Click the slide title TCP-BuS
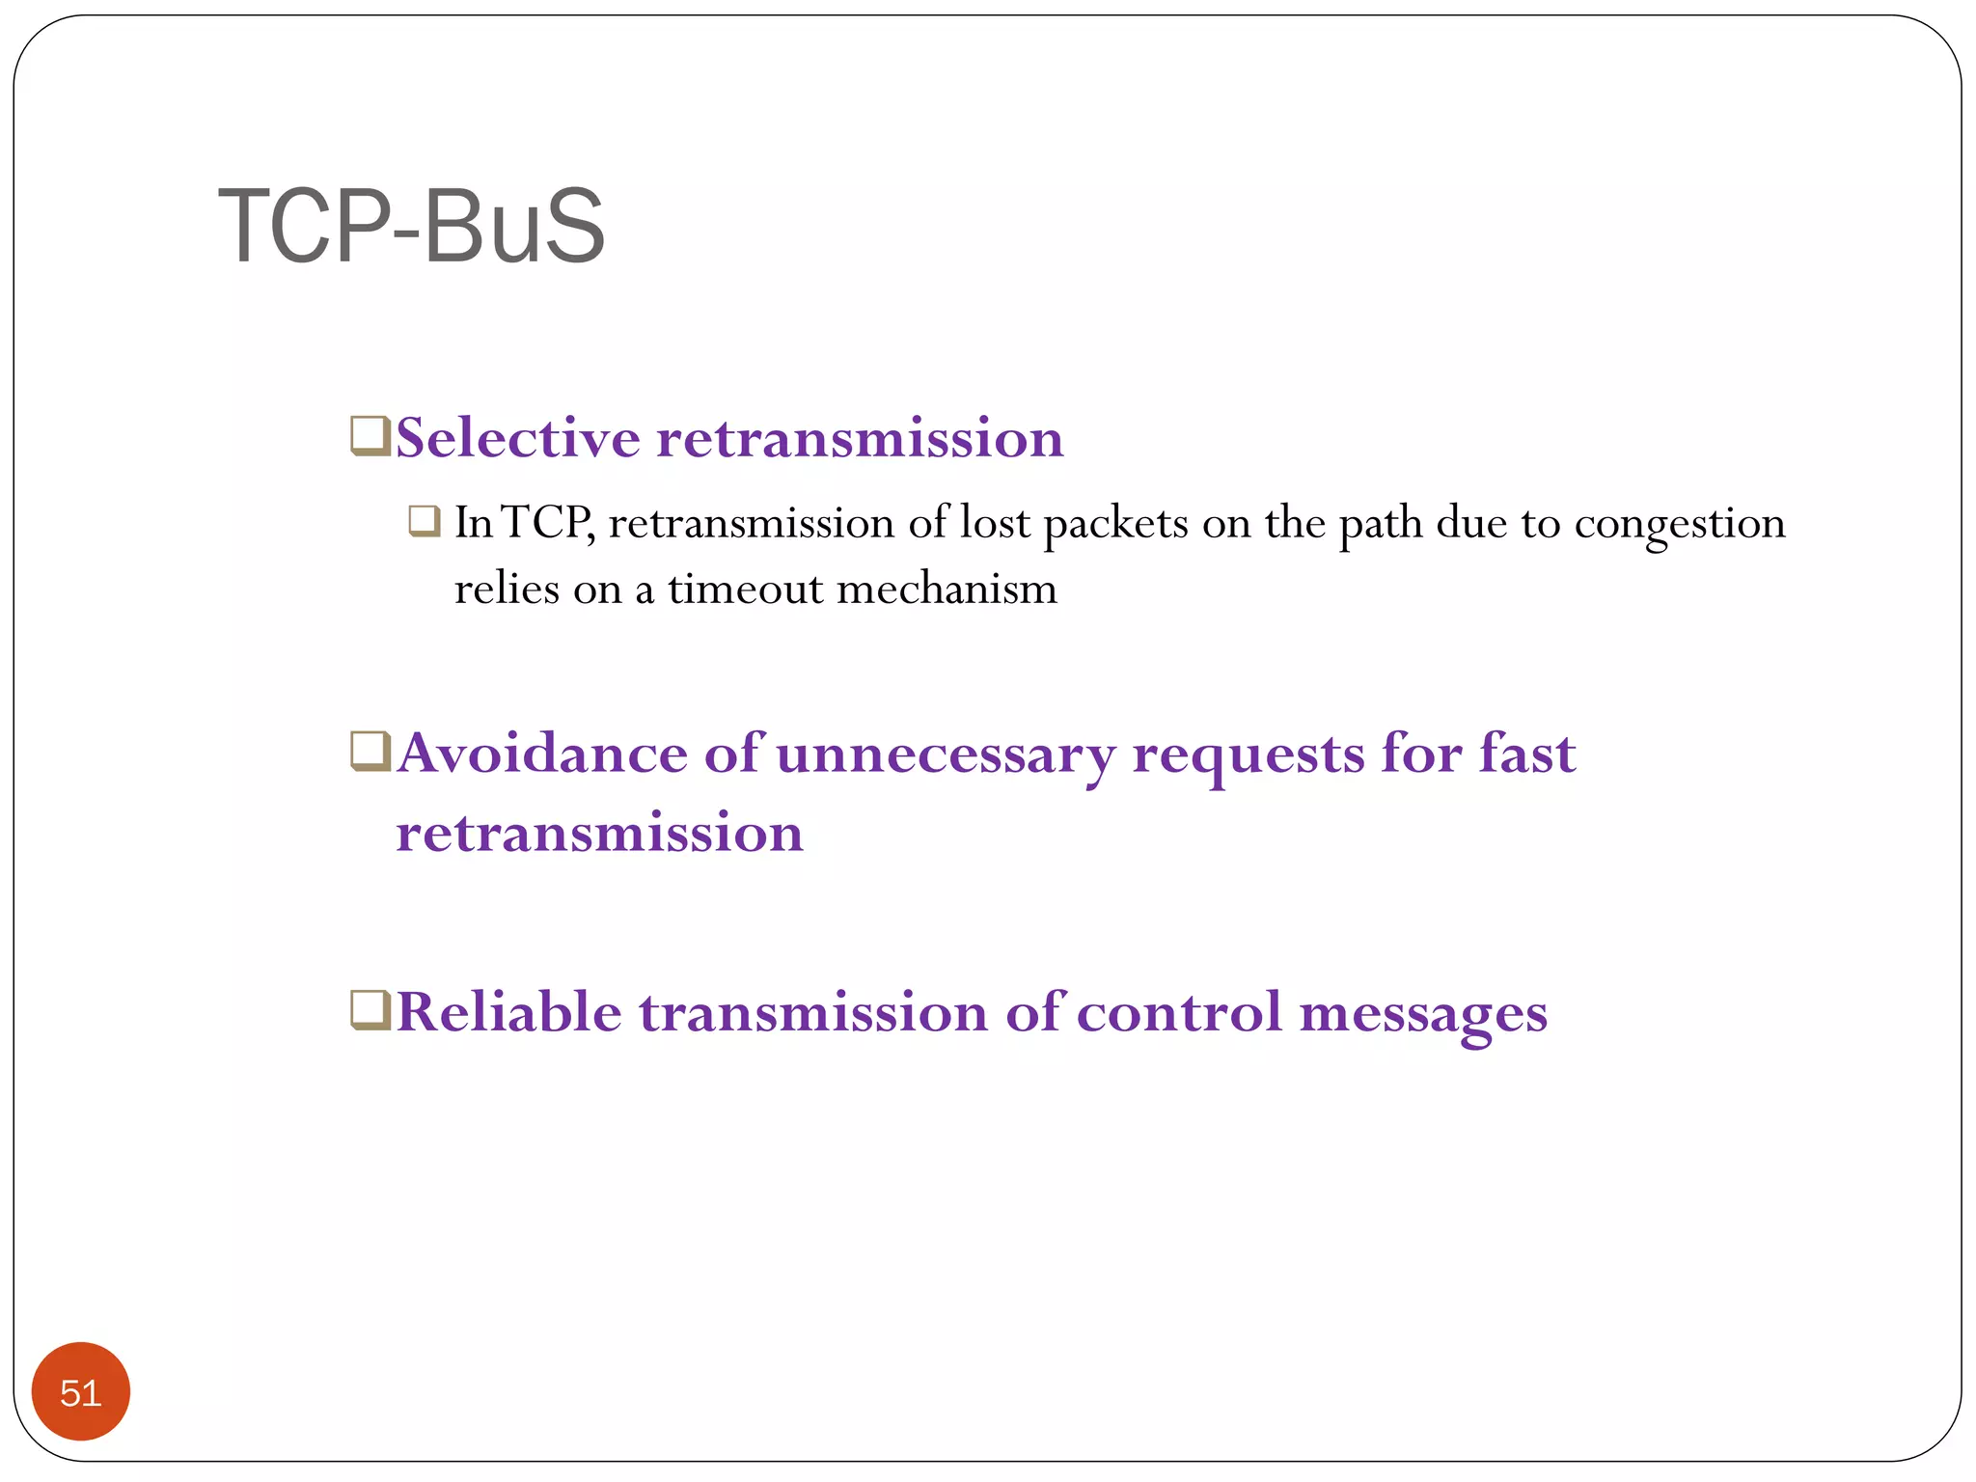[x=412, y=227]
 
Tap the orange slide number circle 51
[x=81, y=1391]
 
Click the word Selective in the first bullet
[x=518, y=438]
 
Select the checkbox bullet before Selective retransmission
[x=370, y=435]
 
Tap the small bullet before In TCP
[x=425, y=521]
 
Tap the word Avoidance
[x=542, y=754]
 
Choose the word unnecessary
[x=946, y=755]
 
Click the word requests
[x=1249, y=755]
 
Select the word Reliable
[x=509, y=1012]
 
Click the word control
[x=1178, y=1012]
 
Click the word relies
[x=507, y=589]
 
